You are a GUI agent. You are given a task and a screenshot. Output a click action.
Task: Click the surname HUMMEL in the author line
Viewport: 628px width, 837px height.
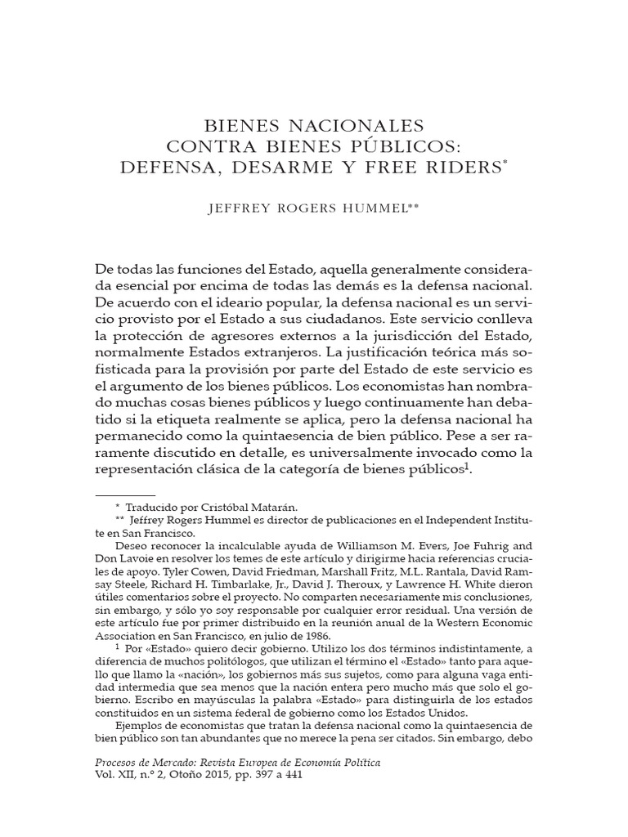pyautogui.click(x=378, y=208)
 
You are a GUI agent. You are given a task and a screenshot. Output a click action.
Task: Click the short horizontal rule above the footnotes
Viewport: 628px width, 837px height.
pyautogui.click(x=126, y=496)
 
